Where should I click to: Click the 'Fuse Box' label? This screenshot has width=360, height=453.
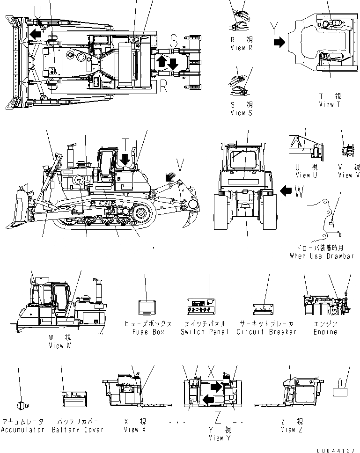tap(147, 332)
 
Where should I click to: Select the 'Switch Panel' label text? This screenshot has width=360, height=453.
tap(205, 332)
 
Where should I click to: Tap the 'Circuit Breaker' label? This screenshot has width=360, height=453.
tap(266, 332)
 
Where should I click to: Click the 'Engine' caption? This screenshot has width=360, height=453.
tap(325, 332)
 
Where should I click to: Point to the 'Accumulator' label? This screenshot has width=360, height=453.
tap(22, 429)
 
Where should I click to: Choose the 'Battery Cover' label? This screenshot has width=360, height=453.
tap(78, 429)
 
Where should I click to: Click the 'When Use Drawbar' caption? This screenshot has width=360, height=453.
tap(321, 256)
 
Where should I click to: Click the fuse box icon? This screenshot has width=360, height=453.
tap(147, 307)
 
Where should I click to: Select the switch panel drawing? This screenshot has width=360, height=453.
tap(201, 307)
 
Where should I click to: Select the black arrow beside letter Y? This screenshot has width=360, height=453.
tap(279, 42)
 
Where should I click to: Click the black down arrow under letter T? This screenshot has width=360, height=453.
tap(125, 159)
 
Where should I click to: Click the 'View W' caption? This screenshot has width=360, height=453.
tap(59, 345)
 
